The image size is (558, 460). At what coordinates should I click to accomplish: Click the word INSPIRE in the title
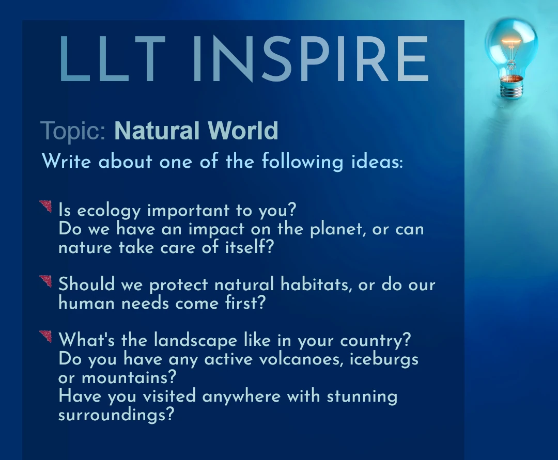pos(311,59)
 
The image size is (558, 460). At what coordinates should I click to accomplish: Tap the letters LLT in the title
pos(112,59)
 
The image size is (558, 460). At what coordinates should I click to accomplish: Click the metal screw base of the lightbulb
pos(512,87)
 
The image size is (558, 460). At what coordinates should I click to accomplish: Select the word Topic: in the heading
pos(73,131)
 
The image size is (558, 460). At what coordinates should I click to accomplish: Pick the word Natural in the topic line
pos(157,131)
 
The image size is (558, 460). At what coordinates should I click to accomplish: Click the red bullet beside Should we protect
pos(45,281)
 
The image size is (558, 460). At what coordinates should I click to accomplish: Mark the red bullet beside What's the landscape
pos(45,337)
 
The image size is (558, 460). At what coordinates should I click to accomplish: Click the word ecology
pos(109,211)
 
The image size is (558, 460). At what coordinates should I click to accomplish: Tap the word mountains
pos(129,377)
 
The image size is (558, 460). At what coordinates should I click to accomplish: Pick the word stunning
pos(362,396)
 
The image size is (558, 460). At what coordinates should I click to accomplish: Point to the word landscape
pos(195,341)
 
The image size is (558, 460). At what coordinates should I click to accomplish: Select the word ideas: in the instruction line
pos(377,162)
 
